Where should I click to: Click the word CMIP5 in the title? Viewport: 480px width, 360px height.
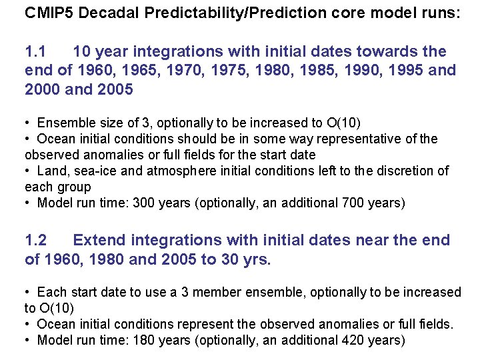tap(49, 13)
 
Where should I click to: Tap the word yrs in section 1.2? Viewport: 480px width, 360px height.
tap(255, 259)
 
